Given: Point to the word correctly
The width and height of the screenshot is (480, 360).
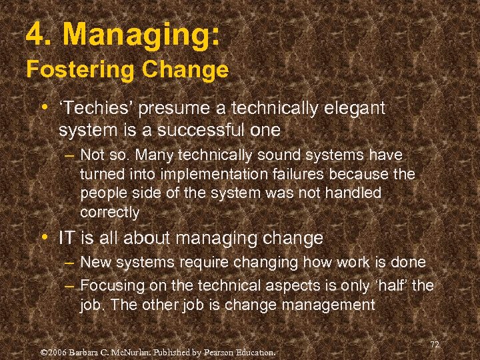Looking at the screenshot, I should pyautogui.click(x=110, y=213).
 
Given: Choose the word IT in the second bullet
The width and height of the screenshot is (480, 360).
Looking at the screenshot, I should pyautogui.click(x=66, y=238).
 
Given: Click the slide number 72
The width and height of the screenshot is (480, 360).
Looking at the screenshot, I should pyautogui.click(x=435, y=344).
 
